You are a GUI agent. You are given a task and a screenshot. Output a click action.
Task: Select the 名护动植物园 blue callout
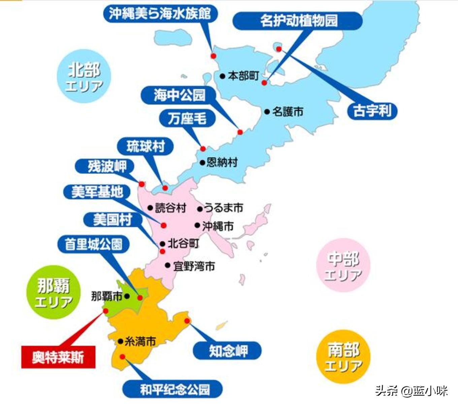[x=298, y=21]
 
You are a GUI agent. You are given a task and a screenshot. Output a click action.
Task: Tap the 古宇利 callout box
[x=372, y=111]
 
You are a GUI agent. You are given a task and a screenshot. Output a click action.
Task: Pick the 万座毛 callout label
[x=187, y=118]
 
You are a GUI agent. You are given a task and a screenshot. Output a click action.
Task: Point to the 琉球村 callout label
[x=145, y=147]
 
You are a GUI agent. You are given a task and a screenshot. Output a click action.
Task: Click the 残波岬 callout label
[x=106, y=166]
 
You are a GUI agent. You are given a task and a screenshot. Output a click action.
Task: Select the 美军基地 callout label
[x=97, y=192]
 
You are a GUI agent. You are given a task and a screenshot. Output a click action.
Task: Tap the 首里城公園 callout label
[x=93, y=244]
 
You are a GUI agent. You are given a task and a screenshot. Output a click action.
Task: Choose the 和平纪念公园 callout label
[x=172, y=390]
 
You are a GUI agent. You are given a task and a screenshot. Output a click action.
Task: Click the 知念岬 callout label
[x=227, y=351]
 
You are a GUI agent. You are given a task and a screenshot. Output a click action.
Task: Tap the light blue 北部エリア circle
[x=84, y=77]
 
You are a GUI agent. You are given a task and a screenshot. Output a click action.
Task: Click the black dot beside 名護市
[x=267, y=112]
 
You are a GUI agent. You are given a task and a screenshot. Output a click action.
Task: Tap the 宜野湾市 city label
[x=194, y=266]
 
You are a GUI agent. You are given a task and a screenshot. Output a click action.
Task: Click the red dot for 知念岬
[x=187, y=321]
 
